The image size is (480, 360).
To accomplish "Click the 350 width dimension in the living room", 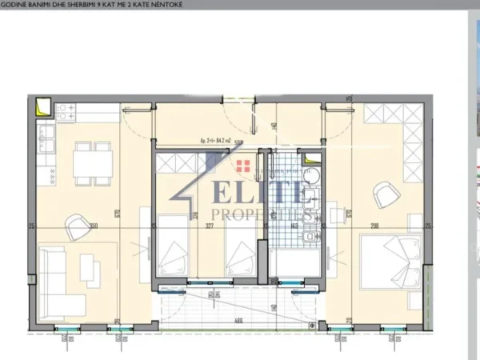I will click(94, 226).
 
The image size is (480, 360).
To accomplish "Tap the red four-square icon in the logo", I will click(245, 166).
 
